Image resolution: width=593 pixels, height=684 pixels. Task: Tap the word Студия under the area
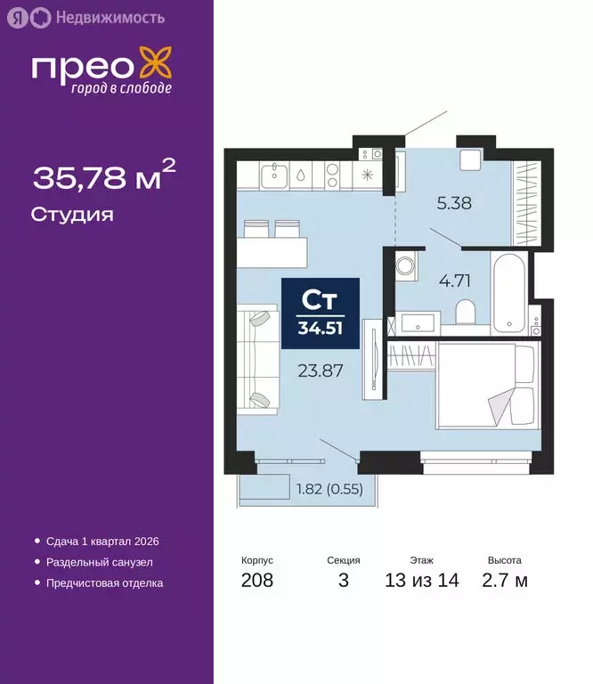(x=71, y=215)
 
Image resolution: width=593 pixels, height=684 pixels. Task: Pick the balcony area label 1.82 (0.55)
(x=329, y=488)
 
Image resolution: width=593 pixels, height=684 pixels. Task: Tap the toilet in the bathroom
(x=464, y=313)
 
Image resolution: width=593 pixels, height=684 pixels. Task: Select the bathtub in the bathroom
(x=510, y=290)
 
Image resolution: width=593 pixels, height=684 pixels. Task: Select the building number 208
(x=256, y=581)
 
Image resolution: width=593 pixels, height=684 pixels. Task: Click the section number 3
(x=343, y=581)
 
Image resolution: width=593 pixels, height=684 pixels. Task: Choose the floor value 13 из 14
(x=421, y=581)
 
